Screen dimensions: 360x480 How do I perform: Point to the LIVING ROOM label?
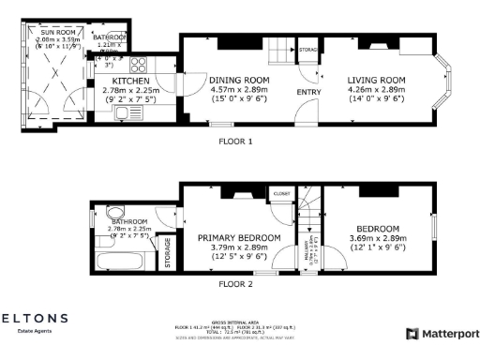(x=376, y=81)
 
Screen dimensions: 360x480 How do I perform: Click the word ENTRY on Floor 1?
(x=307, y=92)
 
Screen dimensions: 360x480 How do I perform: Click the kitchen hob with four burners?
(x=141, y=65)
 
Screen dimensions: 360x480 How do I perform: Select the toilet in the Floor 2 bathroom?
(x=114, y=211)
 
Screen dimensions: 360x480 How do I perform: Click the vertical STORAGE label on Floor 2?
(x=168, y=254)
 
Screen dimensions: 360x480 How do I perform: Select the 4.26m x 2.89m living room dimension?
(x=376, y=90)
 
